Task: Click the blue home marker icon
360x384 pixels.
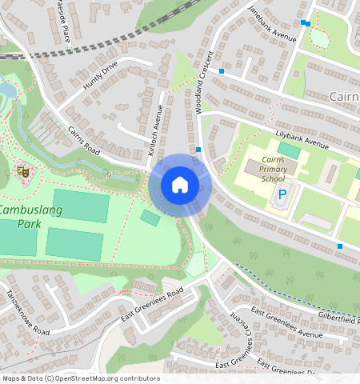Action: (x=180, y=186)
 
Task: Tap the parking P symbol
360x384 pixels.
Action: (x=282, y=194)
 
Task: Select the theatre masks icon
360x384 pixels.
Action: (x=22, y=170)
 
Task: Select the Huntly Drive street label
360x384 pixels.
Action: (x=100, y=75)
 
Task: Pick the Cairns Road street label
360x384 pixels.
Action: (x=82, y=142)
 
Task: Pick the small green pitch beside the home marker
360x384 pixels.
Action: (x=150, y=217)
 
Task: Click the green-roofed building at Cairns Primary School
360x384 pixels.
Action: (x=289, y=150)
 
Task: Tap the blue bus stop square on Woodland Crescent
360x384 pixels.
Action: (x=198, y=150)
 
